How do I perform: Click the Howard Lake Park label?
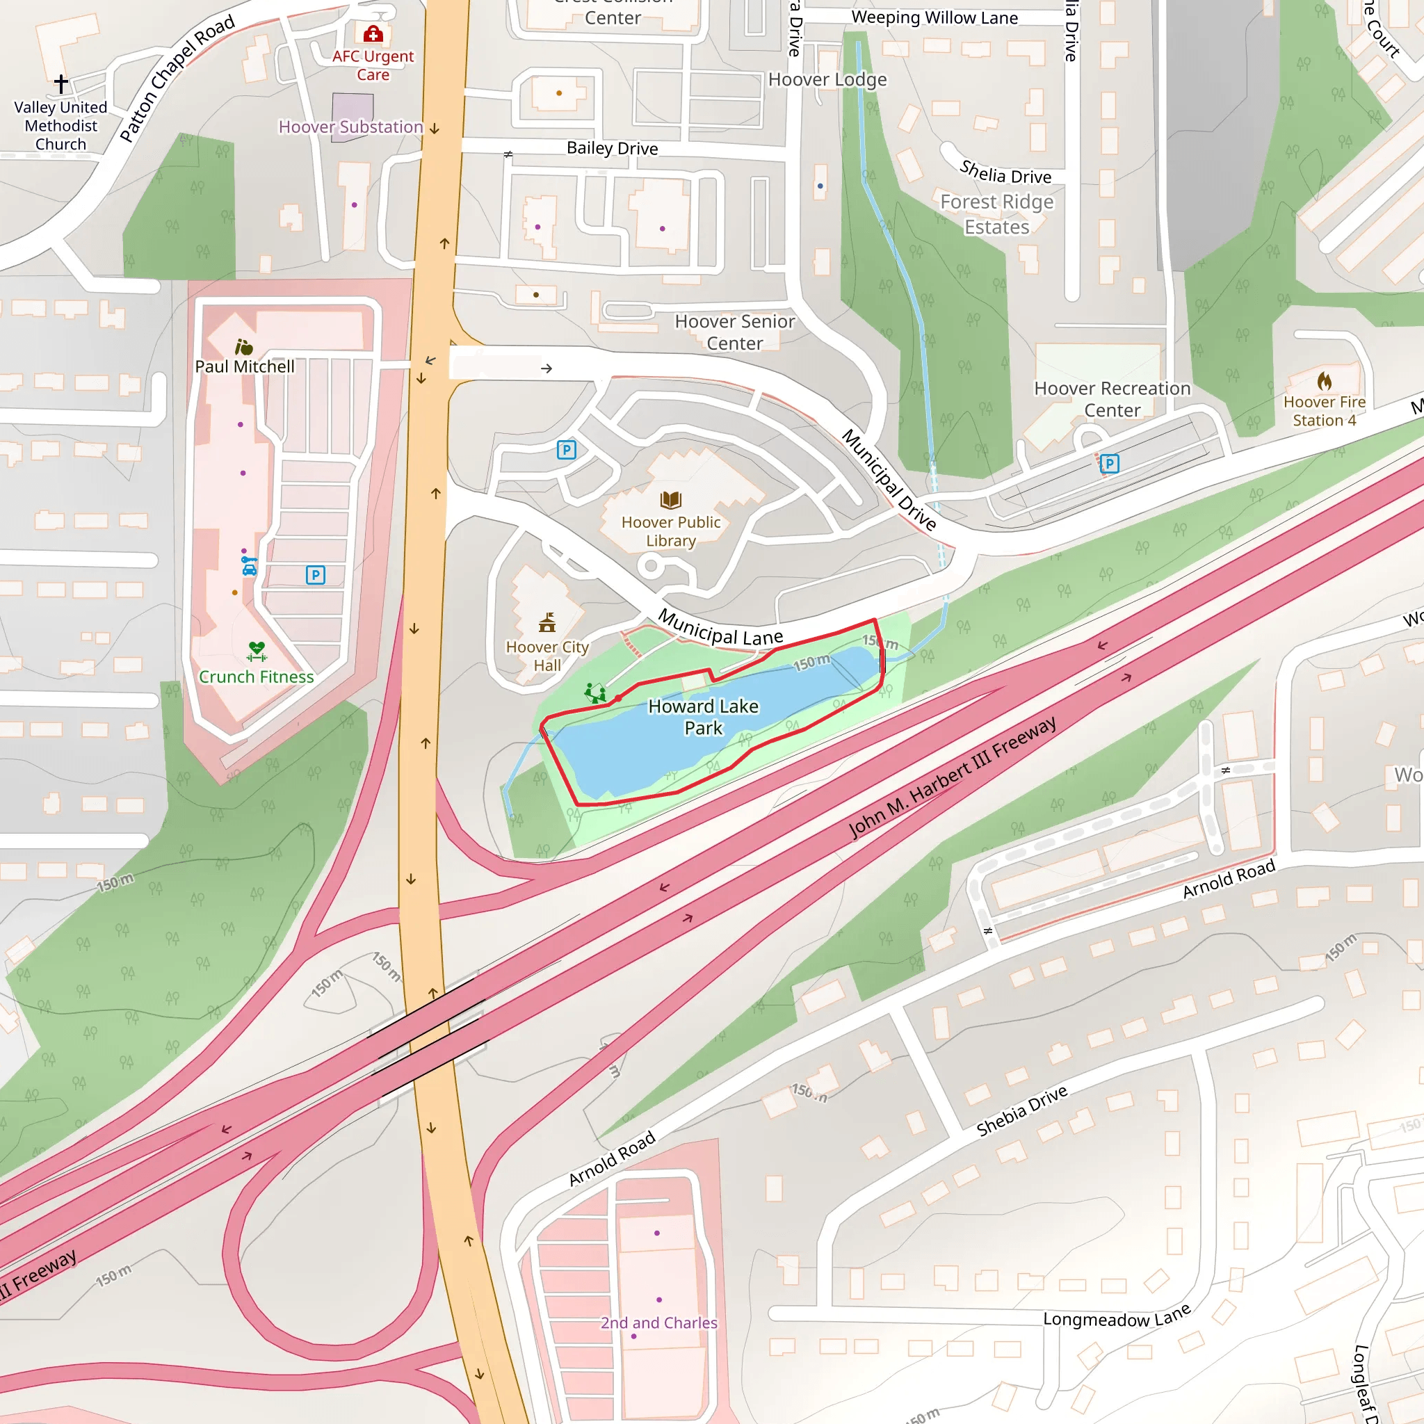703,717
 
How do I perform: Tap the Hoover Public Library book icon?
671,501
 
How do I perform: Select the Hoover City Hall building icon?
547,623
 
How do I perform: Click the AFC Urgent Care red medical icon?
373,34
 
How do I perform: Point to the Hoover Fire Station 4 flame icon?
1325,381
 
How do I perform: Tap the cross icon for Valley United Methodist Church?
61,83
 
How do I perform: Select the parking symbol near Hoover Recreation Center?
1109,464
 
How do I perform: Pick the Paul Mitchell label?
245,366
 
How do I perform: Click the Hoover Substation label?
351,127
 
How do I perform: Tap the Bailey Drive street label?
612,148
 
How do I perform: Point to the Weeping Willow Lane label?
934,17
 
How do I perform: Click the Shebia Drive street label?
1021,1110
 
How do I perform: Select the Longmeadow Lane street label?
1117,1318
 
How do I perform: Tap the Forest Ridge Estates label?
996,214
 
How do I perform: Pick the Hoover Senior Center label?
735,332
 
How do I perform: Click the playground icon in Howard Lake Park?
594,693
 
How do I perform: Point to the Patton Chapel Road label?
177,78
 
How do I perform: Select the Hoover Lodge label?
827,79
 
